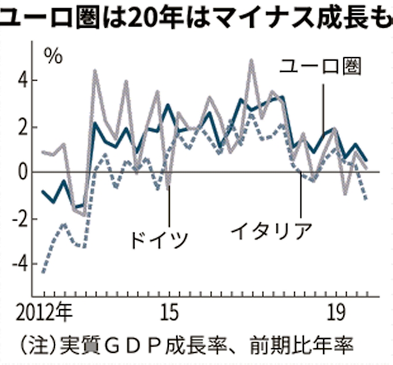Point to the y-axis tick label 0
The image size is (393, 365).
[23, 172]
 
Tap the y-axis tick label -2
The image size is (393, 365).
[21, 219]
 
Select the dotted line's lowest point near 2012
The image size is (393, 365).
[44, 271]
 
